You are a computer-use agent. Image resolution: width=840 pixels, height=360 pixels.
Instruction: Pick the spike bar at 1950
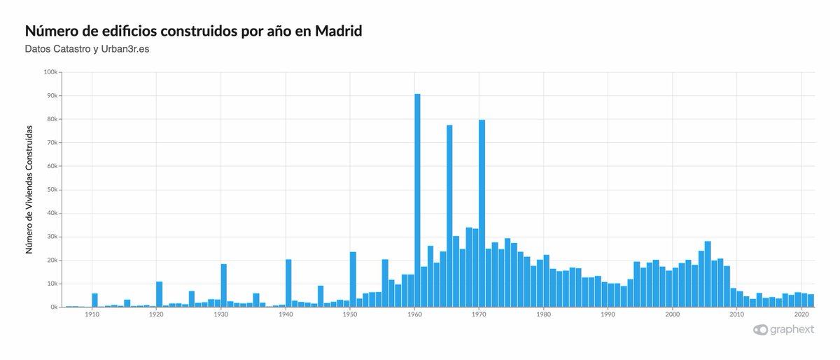tap(353, 279)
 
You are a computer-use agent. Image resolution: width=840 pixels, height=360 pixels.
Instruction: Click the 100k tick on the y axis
tap(50, 72)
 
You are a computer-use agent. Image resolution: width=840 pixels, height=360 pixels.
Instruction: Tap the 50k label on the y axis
tap(52, 190)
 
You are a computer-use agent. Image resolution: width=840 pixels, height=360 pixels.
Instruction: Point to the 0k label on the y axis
tap(53, 307)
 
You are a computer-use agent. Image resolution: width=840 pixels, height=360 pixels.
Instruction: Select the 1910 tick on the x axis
tap(92, 314)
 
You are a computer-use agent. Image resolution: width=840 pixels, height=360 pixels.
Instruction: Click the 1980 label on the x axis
tap(543, 314)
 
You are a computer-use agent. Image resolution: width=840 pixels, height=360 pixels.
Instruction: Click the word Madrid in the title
tap(338, 32)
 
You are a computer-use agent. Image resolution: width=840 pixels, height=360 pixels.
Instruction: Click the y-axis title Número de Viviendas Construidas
tap(29, 189)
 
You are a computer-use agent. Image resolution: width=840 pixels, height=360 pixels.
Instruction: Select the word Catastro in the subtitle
tap(71, 48)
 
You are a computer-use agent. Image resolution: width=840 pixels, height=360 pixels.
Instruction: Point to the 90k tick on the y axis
tap(52, 96)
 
